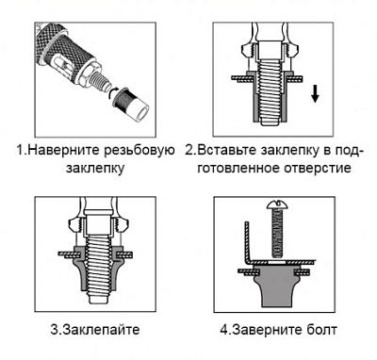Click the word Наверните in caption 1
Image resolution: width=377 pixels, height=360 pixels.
coord(66,150)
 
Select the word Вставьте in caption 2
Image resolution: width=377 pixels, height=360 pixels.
coord(228,150)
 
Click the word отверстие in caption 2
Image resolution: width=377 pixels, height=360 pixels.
coord(318,169)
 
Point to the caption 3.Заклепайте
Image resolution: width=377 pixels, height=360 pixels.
coord(95,330)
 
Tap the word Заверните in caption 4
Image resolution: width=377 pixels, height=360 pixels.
coord(267,330)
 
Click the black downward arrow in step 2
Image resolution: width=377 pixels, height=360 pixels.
coord(315,93)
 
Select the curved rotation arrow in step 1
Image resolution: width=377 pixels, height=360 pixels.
coord(110,93)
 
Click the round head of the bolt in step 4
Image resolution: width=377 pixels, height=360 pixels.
coord(277,205)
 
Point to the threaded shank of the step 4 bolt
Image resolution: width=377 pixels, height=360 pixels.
coord(277,233)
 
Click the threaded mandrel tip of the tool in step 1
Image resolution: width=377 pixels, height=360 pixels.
coord(102,82)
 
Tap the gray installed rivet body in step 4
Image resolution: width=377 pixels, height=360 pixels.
coord(277,286)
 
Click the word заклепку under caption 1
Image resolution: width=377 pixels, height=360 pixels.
coord(95,169)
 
